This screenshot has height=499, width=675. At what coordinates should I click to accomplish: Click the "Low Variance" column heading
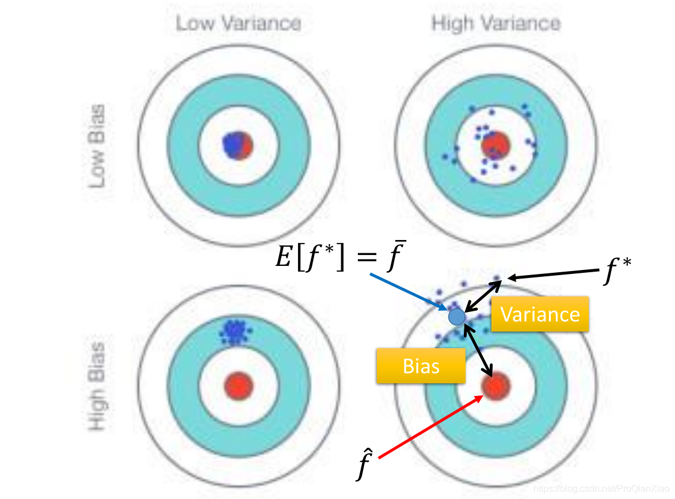pos(238,24)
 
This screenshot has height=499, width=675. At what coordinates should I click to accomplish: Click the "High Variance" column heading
pos(495,24)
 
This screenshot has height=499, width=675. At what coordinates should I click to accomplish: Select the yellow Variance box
pos(540,314)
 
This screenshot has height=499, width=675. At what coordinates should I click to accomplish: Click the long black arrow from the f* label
pos(555,275)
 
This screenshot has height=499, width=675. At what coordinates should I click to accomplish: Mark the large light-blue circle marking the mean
pos(456,316)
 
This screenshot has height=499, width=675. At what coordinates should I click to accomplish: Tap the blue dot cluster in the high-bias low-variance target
pos(235,332)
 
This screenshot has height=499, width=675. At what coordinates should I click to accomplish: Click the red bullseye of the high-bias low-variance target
pos(239,384)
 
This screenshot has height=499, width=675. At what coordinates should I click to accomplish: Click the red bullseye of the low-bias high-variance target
pos(495,144)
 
